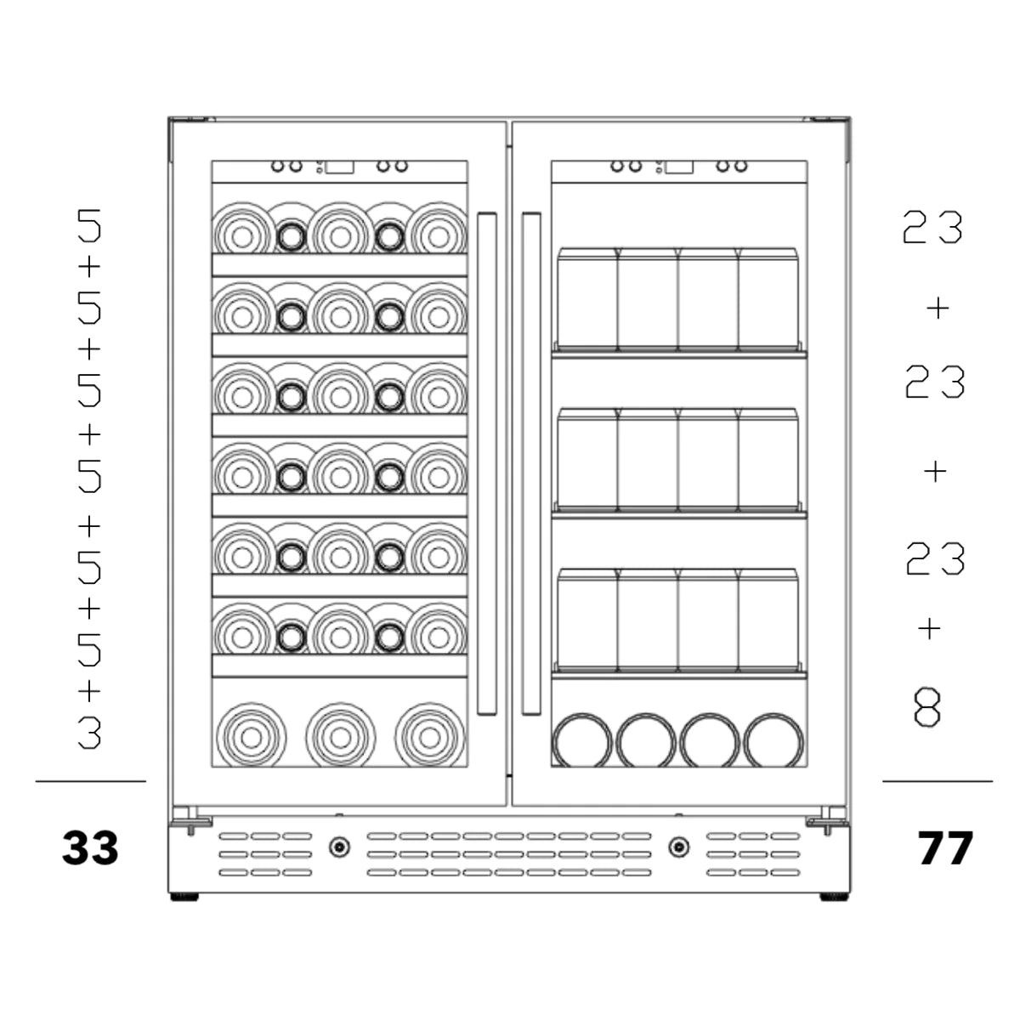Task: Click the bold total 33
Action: point(90,847)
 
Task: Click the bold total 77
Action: point(945,848)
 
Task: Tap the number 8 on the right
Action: point(927,707)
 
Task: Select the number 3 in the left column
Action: point(89,733)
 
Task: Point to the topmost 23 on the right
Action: point(932,227)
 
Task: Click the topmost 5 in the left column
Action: point(89,225)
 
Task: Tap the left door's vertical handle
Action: point(487,464)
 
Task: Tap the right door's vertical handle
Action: point(531,464)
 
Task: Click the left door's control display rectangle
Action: point(339,167)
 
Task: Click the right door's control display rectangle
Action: point(679,167)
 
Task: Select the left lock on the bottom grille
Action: point(339,847)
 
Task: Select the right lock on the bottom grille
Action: point(678,847)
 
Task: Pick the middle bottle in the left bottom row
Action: point(340,737)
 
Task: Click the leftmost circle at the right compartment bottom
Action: point(581,741)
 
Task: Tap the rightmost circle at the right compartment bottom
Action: point(773,741)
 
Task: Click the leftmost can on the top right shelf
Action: point(587,299)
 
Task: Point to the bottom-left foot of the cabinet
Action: point(184,897)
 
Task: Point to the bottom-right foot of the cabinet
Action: point(834,897)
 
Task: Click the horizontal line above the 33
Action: point(90,781)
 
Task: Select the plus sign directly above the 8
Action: point(930,629)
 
